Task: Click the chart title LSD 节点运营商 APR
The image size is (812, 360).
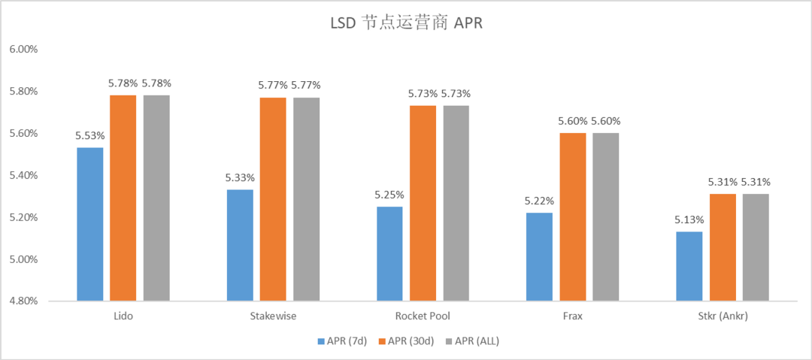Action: pos(407,23)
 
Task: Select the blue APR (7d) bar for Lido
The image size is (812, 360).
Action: pos(90,224)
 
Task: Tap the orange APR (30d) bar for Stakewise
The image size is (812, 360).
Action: pos(273,199)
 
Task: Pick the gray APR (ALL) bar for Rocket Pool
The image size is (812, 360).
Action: pos(456,203)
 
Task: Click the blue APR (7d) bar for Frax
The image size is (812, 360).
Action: pos(539,256)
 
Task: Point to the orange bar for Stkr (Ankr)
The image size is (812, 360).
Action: pos(723,247)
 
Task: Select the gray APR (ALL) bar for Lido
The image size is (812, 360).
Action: pos(156,198)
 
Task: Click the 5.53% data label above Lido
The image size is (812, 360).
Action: pos(90,136)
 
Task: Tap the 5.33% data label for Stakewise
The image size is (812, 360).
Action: pos(240,178)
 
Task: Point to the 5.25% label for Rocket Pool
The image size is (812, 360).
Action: pos(389,195)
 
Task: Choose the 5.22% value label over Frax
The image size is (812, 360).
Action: pos(539,201)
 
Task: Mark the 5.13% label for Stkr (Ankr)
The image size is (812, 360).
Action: pos(689,219)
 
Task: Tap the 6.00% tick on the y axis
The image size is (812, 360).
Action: pos(23,50)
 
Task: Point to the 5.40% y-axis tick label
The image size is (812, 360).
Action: pos(23,176)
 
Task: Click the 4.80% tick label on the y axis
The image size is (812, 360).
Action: pos(23,301)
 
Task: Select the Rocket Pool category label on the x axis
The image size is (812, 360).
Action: pos(423,316)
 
